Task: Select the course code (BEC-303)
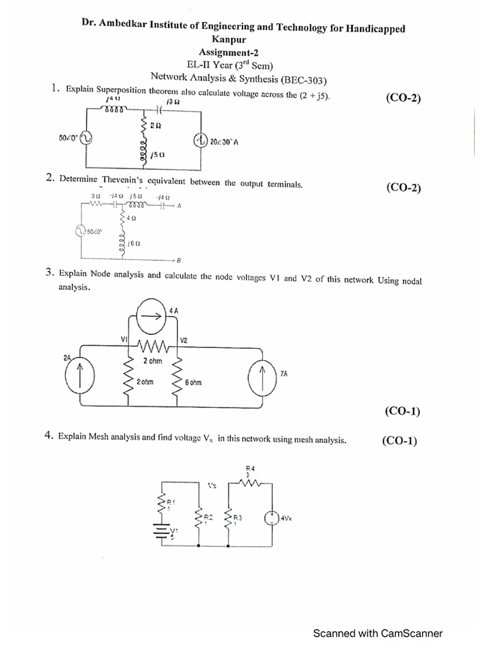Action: click(305, 79)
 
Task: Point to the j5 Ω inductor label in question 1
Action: click(158, 154)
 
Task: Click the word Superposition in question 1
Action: click(119, 94)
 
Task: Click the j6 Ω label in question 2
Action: click(133, 243)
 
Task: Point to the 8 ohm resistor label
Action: click(194, 383)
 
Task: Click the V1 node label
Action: click(124, 339)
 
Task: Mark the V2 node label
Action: click(184, 340)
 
